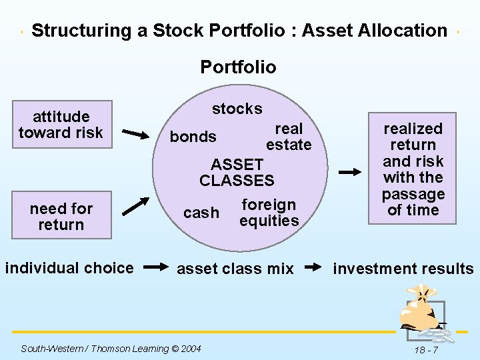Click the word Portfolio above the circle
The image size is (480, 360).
238,67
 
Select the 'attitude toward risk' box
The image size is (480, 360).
61,125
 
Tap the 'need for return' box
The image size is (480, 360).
61,217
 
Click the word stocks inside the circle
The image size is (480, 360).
237,109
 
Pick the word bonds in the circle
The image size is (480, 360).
193,137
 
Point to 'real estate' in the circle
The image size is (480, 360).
289,137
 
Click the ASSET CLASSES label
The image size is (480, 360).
237,172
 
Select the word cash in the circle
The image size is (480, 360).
201,213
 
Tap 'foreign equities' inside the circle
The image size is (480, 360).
269,213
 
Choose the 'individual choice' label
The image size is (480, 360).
69,268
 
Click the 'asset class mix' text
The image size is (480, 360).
235,269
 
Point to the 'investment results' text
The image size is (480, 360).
403,269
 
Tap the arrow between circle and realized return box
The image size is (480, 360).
350,172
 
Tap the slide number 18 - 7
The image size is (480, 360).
425,349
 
